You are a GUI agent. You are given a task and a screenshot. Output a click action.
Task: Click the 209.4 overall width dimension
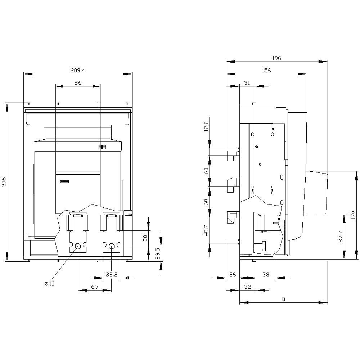click(x=78, y=71)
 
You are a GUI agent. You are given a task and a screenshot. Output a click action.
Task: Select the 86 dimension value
click(x=78, y=83)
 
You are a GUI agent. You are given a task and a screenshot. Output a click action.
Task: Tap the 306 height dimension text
click(x=4, y=182)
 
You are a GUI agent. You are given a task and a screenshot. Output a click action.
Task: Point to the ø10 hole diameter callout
click(x=49, y=284)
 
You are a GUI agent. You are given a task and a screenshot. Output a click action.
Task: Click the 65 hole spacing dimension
click(x=94, y=287)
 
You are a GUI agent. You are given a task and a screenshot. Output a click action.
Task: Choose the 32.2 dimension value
click(x=112, y=274)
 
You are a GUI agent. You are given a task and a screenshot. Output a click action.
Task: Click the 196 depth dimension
click(x=276, y=58)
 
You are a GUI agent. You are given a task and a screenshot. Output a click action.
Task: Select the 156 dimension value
click(x=266, y=71)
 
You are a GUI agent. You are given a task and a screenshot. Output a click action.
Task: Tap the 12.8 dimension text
click(x=206, y=127)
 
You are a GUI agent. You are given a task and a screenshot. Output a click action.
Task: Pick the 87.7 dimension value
click(x=341, y=236)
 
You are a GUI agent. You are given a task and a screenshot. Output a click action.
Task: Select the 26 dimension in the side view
click(x=233, y=274)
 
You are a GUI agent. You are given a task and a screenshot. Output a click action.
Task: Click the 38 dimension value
click(x=266, y=274)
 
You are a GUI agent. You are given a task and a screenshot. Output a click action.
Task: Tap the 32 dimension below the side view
click(x=247, y=287)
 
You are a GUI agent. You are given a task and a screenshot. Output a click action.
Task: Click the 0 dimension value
click(x=283, y=299)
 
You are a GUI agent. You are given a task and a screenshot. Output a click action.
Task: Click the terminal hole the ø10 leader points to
click(x=78, y=246)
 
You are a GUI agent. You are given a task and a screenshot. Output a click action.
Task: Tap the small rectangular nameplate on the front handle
click(x=64, y=181)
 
